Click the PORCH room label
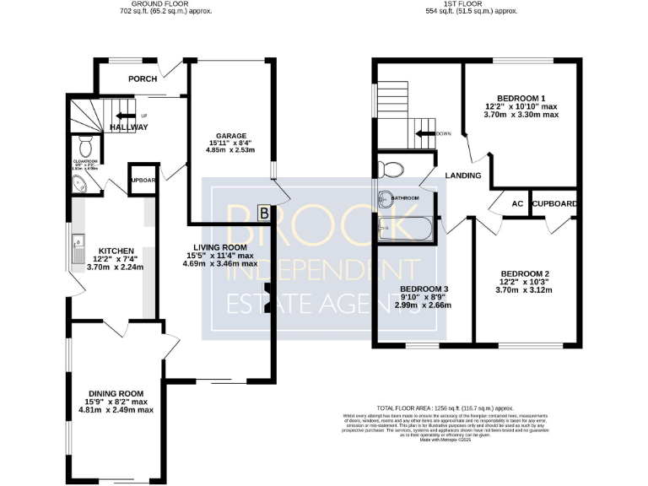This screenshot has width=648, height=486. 143,79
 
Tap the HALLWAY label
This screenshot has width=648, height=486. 127,127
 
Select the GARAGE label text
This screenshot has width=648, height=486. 230,136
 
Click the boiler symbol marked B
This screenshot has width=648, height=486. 263,213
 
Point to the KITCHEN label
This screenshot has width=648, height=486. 116,251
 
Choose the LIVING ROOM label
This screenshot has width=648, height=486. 218,247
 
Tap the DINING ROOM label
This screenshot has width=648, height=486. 116,394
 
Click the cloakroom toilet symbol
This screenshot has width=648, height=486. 84,143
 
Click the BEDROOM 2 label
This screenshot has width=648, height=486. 525,273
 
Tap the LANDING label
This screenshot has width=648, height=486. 463,176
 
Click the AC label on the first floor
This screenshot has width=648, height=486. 517,203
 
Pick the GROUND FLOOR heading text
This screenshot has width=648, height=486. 165,4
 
